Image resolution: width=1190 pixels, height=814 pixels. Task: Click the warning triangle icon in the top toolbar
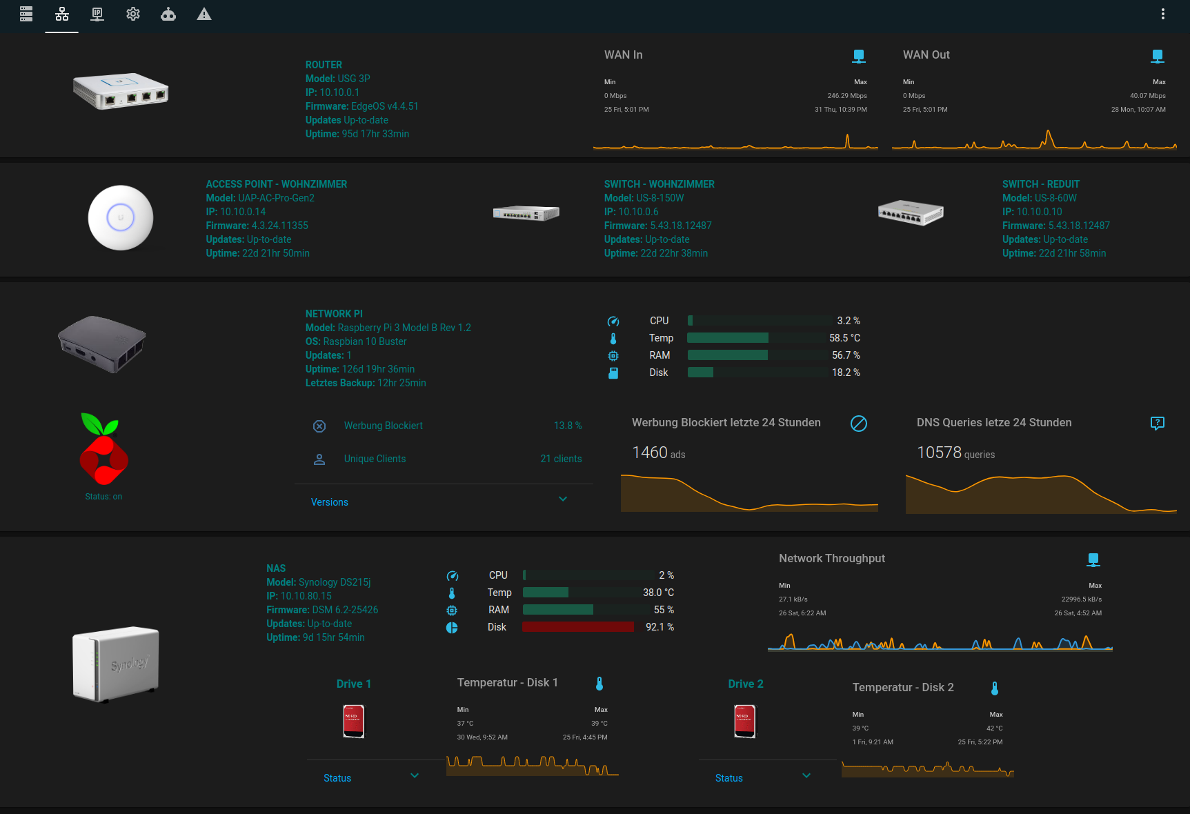click(x=204, y=14)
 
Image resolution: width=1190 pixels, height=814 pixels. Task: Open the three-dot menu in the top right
click(x=1162, y=14)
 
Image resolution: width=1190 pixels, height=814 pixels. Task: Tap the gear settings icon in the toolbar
click(x=133, y=14)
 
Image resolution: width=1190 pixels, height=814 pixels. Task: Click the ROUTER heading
click(x=324, y=65)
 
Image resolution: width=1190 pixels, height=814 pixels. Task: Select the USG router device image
click(x=121, y=91)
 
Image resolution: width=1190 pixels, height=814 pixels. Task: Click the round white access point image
click(x=121, y=218)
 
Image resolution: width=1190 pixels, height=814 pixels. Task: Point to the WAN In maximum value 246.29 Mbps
click(x=846, y=96)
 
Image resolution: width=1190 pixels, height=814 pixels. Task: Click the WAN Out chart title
click(x=926, y=55)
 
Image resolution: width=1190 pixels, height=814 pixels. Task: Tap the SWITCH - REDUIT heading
click(x=1040, y=184)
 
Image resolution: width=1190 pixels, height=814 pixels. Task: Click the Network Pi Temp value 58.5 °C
click(x=844, y=338)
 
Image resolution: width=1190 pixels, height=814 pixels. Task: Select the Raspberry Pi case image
click(x=102, y=344)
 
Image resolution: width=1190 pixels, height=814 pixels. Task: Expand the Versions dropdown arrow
click(x=563, y=499)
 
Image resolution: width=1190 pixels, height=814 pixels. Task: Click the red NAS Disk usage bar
click(x=577, y=627)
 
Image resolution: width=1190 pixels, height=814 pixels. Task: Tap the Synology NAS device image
click(x=116, y=664)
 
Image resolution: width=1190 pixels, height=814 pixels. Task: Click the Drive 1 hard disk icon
click(x=354, y=722)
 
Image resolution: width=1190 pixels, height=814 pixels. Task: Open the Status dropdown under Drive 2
click(x=806, y=776)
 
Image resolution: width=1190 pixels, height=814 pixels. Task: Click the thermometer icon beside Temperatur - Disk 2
click(x=994, y=688)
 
